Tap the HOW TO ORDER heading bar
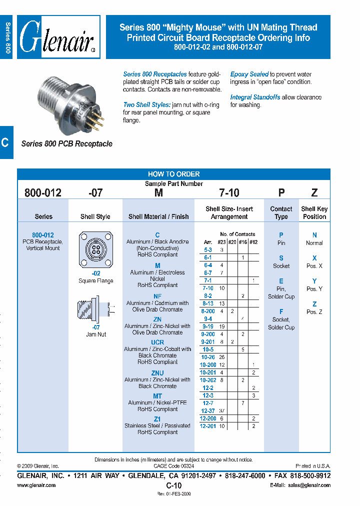(173, 174)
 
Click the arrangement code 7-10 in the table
(207, 288)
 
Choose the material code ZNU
(157, 373)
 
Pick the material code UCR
(157, 342)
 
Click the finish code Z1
(157, 419)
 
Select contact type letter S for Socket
(281, 258)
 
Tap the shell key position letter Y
(314, 281)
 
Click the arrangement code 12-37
(207, 410)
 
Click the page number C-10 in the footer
(173, 485)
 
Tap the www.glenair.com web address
(36, 485)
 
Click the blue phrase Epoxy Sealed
(249, 74)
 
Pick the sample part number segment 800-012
(43, 193)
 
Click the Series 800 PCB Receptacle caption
(66, 143)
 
